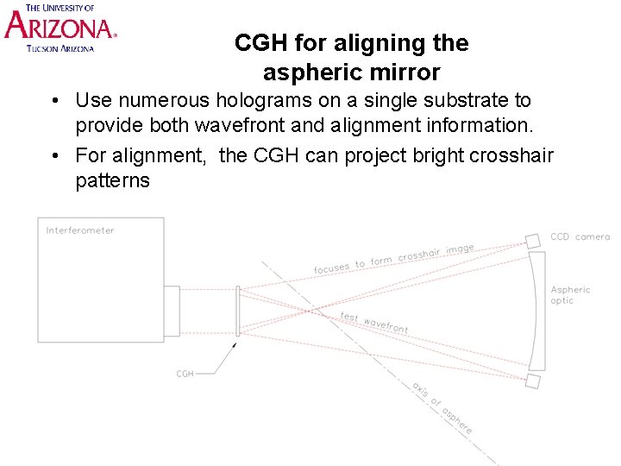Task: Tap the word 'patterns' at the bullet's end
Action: pyautogui.click(x=112, y=181)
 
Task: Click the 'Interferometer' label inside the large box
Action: pyautogui.click(x=80, y=230)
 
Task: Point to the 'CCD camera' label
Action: pyautogui.click(x=580, y=236)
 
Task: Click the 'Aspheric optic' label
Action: pyautogui.click(x=570, y=295)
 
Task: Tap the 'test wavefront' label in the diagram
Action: pyautogui.click(x=373, y=323)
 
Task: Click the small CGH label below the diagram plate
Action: pyautogui.click(x=185, y=374)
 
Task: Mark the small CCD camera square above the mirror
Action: pyautogui.click(x=533, y=240)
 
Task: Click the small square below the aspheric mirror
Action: pyautogui.click(x=533, y=381)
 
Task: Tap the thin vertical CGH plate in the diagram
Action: pyautogui.click(x=237, y=311)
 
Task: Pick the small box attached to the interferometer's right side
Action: pyautogui.click(x=172, y=311)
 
